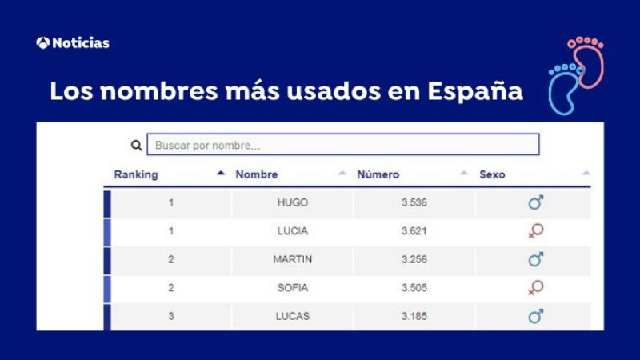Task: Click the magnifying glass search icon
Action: pyautogui.click(x=136, y=146)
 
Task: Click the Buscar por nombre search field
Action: pyautogui.click(x=342, y=145)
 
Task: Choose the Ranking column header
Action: pyautogui.click(x=136, y=174)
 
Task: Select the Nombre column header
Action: pyautogui.click(x=257, y=174)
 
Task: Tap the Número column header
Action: pyautogui.click(x=378, y=174)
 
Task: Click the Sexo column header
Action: pyautogui.click(x=492, y=174)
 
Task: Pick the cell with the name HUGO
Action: pyautogui.click(x=292, y=202)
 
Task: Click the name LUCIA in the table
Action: pyautogui.click(x=292, y=231)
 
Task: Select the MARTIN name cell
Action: pyautogui.click(x=292, y=259)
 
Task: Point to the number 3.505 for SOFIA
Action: pyautogui.click(x=414, y=287)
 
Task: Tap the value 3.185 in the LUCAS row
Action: pyautogui.click(x=414, y=316)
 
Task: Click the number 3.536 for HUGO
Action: pyautogui.click(x=414, y=202)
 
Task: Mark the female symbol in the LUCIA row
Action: pyautogui.click(x=535, y=231)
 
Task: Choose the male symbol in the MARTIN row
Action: pyautogui.click(x=535, y=259)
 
